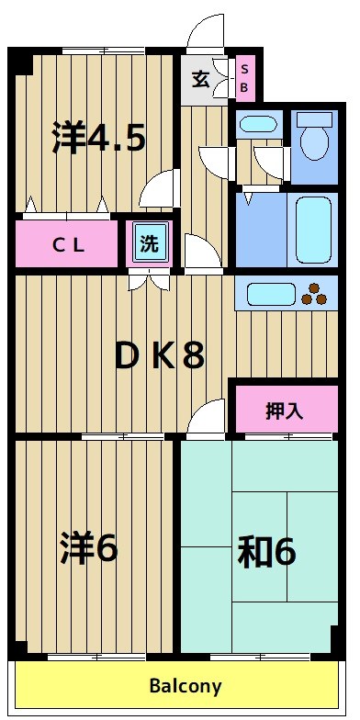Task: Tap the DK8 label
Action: (158, 355)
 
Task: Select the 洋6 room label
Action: (89, 548)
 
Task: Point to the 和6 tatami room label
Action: (266, 552)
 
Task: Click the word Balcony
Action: (186, 685)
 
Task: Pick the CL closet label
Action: (67, 244)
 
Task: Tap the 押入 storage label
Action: (284, 411)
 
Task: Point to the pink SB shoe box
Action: (245, 78)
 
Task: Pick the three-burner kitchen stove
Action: (314, 294)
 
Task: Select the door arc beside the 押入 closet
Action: (210, 418)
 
